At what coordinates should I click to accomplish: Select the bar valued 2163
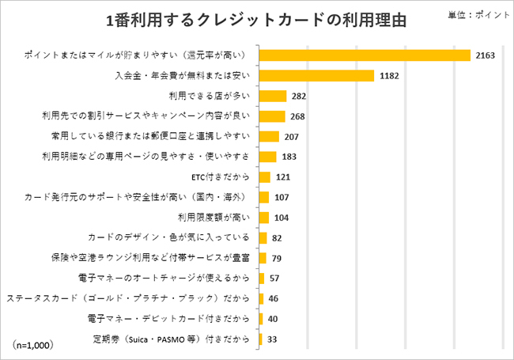[365, 55]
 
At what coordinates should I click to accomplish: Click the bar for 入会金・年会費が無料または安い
[316, 76]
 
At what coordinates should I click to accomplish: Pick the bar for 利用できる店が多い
[272, 96]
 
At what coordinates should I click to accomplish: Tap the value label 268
[298, 116]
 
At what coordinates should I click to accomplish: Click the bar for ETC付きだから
[264, 176]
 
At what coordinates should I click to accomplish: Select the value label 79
[278, 258]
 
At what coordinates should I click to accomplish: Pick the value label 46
[274, 298]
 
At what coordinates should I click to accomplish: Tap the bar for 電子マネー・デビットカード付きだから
[260, 319]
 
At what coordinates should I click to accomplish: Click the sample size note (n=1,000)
[32, 345]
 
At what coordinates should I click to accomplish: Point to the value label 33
[272, 339]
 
